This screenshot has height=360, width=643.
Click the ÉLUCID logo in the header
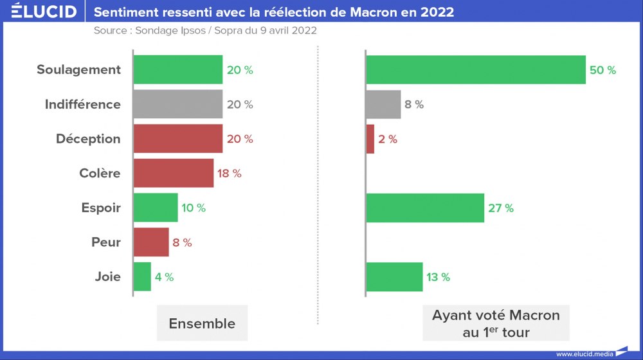pyautogui.click(x=44, y=12)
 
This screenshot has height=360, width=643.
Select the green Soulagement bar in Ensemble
pyautogui.click(x=178, y=69)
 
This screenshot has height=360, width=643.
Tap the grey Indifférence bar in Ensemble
pyautogui.click(x=178, y=104)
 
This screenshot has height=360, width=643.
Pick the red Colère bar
pyautogui.click(x=174, y=174)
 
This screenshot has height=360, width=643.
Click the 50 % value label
pyautogui.click(x=602, y=70)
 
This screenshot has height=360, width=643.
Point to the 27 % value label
pyautogui.click(x=500, y=208)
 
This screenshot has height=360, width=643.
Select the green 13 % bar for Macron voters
pyautogui.click(x=394, y=277)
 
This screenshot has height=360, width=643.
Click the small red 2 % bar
pyautogui.click(x=370, y=139)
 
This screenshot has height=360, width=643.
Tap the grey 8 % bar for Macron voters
pyautogui.click(x=383, y=104)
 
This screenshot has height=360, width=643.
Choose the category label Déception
pyautogui.click(x=88, y=139)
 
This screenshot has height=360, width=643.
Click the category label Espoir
pyautogui.click(x=101, y=208)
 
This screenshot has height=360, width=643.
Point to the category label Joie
pyautogui.click(x=107, y=278)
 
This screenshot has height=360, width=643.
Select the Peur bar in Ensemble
pyautogui.click(x=151, y=242)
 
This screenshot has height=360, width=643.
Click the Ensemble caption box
pyautogui.click(x=202, y=323)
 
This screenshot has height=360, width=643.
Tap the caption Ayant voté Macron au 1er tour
pyautogui.click(x=496, y=323)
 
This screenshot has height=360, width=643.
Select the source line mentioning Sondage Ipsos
pyautogui.click(x=205, y=30)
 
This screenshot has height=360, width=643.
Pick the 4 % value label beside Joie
pyautogui.click(x=164, y=278)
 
